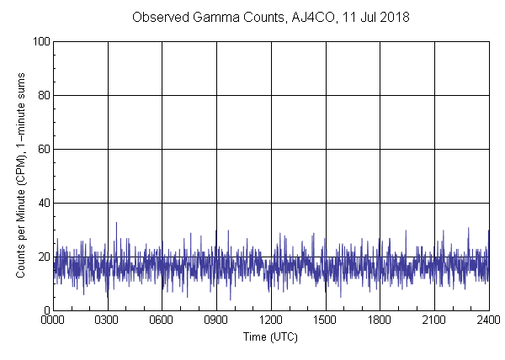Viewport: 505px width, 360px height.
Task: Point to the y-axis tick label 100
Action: click(40, 41)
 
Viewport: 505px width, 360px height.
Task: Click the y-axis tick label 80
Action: click(43, 95)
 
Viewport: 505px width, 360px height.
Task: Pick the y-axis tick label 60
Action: click(43, 149)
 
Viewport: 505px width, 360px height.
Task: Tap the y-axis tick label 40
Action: click(43, 203)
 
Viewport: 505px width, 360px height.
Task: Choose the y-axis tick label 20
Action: click(43, 257)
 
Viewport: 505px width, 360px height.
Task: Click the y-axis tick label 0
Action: click(45, 310)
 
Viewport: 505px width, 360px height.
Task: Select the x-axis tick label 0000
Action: click(53, 320)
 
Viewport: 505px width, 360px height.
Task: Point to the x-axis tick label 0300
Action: click(108, 320)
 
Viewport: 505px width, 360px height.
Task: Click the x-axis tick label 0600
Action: click(162, 320)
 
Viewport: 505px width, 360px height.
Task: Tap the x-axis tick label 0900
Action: click(216, 320)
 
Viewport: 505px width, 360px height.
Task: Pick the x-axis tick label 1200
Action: click(271, 320)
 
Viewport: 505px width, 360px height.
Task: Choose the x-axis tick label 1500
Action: click(326, 320)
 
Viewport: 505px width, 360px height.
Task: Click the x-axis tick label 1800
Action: click(380, 320)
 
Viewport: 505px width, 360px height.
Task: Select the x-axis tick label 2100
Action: click(434, 320)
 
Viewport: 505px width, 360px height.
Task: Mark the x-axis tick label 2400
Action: click(488, 320)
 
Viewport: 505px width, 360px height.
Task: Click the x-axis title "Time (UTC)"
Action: click(270, 336)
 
